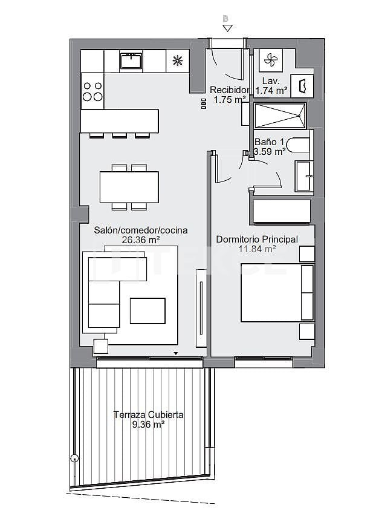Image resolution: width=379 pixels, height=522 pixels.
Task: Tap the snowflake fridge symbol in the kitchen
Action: (x=177, y=60)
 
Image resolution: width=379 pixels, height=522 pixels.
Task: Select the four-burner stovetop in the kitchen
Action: (x=92, y=91)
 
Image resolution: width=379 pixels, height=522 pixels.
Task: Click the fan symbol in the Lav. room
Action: (x=270, y=60)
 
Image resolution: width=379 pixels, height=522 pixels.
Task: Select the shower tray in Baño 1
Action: (x=280, y=114)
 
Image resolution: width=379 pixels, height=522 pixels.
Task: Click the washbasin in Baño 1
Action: (x=303, y=175)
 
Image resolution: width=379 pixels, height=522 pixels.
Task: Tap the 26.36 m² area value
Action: (x=140, y=240)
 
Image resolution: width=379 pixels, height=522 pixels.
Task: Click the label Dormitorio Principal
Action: (x=257, y=240)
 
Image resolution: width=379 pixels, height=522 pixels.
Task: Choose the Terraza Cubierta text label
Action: (x=148, y=415)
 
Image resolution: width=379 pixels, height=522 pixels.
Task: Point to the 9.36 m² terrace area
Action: (x=148, y=425)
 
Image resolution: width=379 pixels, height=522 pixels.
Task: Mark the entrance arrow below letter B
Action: (x=226, y=28)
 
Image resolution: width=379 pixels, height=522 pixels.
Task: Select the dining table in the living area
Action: (x=129, y=187)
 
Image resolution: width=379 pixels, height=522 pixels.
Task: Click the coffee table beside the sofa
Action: (x=147, y=311)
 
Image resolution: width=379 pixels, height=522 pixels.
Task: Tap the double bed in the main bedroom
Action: (x=277, y=293)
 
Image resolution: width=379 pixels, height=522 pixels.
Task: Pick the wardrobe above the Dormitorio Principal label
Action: (x=281, y=211)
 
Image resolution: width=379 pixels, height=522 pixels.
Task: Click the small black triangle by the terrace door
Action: (x=176, y=353)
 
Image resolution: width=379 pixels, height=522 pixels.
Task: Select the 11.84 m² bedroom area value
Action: (x=257, y=249)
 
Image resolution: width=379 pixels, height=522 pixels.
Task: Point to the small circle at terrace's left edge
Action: (x=74, y=458)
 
